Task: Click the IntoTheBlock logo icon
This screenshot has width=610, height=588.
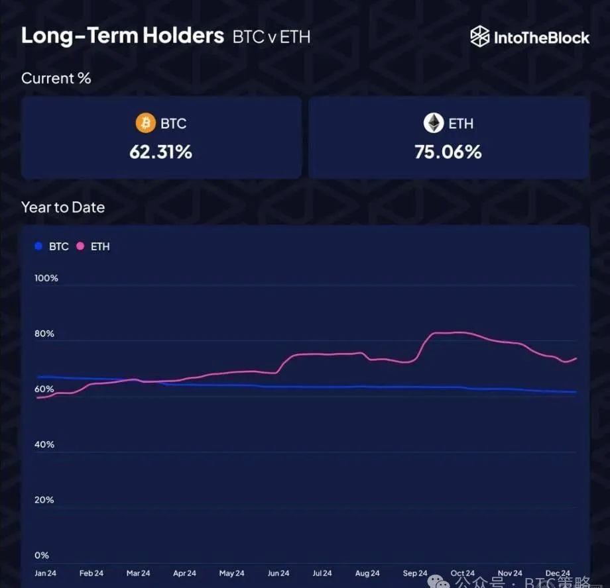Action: tap(480, 36)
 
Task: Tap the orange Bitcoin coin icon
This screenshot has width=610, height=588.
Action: tap(145, 123)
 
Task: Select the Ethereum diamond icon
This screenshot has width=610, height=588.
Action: tap(433, 123)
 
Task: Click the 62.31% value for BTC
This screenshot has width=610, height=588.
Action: tap(160, 152)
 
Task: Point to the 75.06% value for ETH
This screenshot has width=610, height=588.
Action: tap(448, 152)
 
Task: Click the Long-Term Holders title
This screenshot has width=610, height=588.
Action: tap(123, 36)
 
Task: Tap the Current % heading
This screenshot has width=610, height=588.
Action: tap(56, 78)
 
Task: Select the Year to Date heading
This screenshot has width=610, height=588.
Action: tap(63, 207)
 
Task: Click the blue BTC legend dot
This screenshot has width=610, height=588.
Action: tap(38, 246)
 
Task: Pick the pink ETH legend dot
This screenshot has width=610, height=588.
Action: tap(80, 246)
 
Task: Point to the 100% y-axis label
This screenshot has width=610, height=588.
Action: tap(46, 278)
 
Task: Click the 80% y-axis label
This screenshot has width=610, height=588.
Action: tap(45, 334)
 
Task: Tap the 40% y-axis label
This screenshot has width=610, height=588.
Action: tap(45, 444)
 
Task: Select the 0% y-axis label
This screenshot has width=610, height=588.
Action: tap(42, 556)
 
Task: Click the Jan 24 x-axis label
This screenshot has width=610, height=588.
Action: tap(45, 573)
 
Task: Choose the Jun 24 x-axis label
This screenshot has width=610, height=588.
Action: tap(278, 573)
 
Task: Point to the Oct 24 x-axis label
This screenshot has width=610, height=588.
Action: tap(462, 573)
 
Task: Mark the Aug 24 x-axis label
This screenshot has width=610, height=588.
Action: tap(367, 573)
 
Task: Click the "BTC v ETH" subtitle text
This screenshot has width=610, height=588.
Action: tap(271, 36)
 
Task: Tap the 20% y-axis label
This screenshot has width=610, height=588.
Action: tap(45, 500)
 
